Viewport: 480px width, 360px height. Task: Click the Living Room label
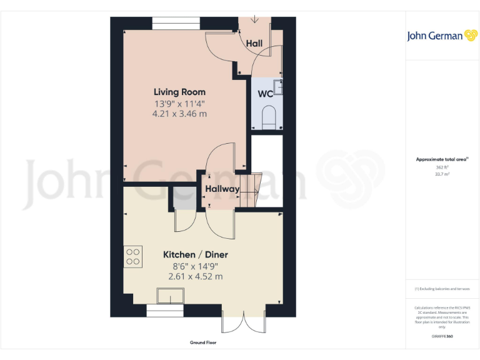[x=179, y=92]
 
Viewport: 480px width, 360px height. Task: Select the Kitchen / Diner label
[x=195, y=255]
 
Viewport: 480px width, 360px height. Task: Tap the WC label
[x=265, y=95]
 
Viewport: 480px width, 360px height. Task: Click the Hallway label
[x=222, y=189]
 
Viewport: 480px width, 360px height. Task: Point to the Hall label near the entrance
[x=254, y=44]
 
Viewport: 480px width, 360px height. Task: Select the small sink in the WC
[x=279, y=87]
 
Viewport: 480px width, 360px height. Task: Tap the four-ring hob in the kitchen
[x=133, y=257]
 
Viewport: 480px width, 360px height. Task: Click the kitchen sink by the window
[x=171, y=296]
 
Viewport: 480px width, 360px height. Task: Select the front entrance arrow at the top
[x=254, y=19]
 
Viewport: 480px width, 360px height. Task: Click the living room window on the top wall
[x=176, y=23]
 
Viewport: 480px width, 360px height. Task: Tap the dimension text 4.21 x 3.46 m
[x=179, y=114]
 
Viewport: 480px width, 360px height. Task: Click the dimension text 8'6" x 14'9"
[x=195, y=266]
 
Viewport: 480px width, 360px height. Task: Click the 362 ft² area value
[x=442, y=167]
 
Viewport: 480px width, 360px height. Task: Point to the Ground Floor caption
[x=203, y=342]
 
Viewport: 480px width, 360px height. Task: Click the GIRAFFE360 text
[x=442, y=337]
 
